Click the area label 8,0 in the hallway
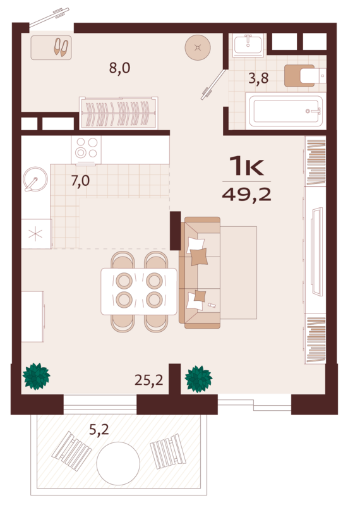pyautogui.click(x=119, y=68)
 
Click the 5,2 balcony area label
pyautogui.click(x=99, y=430)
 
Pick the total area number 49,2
pyautogui.click(x=246, y=193)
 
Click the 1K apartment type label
pyautogui.click(x=246, y=166)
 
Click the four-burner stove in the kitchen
pyautogui.click(x=87, y=148)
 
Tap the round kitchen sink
pyautogui.click(x=35, y=179)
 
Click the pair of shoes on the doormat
pyautogui.click(x=61, y=47)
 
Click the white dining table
pyautogui.click(x=139, y=291)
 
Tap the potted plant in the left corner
pyautogui.click(x=36, y=377)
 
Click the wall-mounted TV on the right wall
pyautogui.click(x=317, y=253)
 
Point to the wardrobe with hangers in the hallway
pyautogui.click(x=118, y=113)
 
